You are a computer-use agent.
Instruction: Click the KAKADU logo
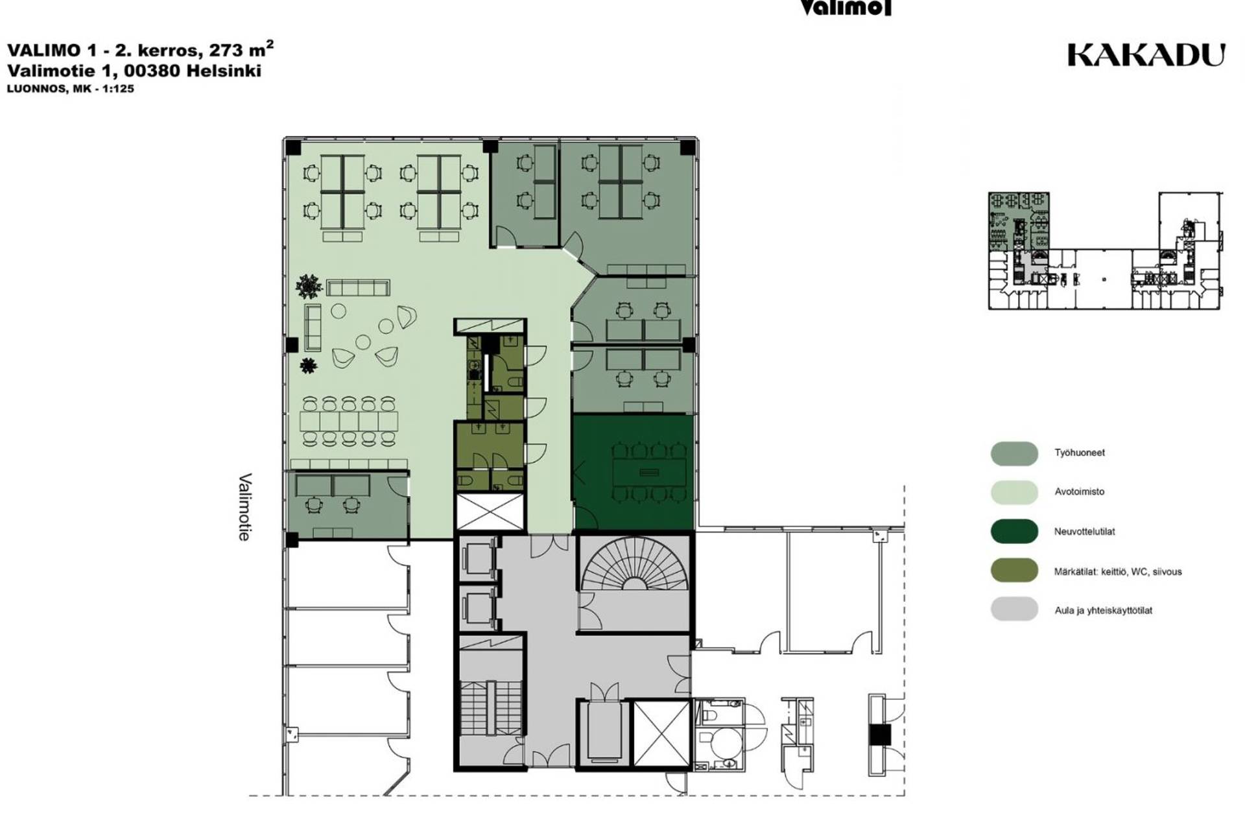click(x=1146, y=55)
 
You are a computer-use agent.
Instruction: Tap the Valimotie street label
click(x=244, y=507)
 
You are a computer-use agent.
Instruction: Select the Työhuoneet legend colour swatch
click(x=1014, y=453)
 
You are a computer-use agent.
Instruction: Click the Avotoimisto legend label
click(x=1079, y=492)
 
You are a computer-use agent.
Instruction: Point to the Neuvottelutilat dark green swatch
click(x=1014, y=531)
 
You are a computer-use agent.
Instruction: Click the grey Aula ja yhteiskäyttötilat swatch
click(x=1014, y=610)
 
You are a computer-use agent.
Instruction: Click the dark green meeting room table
click(x=649, y=472)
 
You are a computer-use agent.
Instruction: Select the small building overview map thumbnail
click(x=1106, y=250)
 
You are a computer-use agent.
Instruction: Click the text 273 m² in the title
click(x=241, y=49)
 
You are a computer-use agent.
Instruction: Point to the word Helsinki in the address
click(x=224, y=71)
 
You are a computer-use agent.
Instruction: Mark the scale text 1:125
click(x=118, y=89)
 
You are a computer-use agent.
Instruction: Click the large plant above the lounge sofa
click(x=309, y=286)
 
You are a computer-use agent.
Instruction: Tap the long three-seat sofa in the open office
click(x=358, y=287)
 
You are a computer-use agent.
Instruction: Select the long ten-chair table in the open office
click(x=349, y=421)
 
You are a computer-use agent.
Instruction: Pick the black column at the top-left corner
click(x=293, y=148)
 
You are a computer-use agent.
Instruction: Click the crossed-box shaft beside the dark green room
click(x=490, y=512)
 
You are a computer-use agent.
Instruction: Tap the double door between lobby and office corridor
click(x=551, y=545)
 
